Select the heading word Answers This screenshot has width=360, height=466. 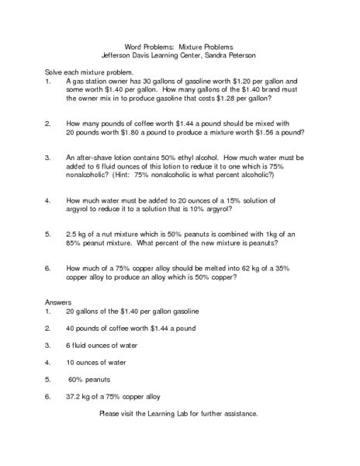(x=58, y=301)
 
